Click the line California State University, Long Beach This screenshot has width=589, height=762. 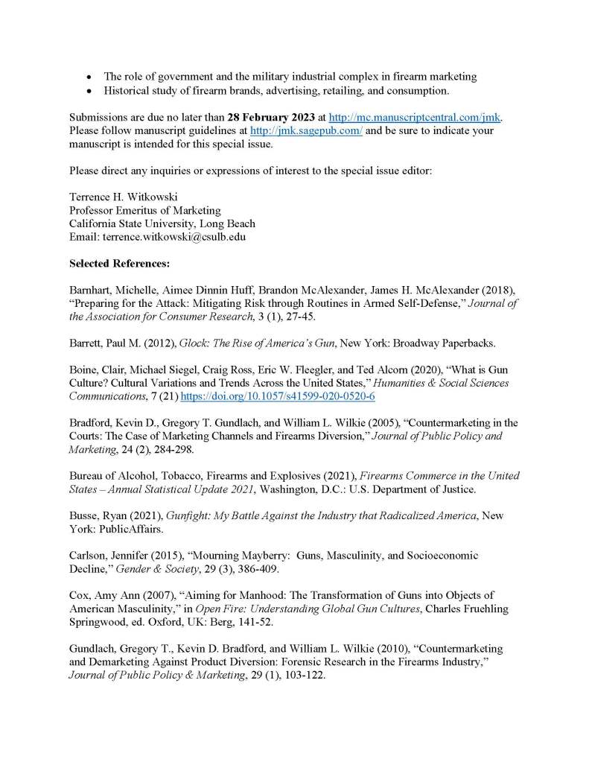coord(162,223)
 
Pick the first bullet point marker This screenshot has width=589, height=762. coord(89,77)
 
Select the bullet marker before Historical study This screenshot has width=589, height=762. coord(89,90)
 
